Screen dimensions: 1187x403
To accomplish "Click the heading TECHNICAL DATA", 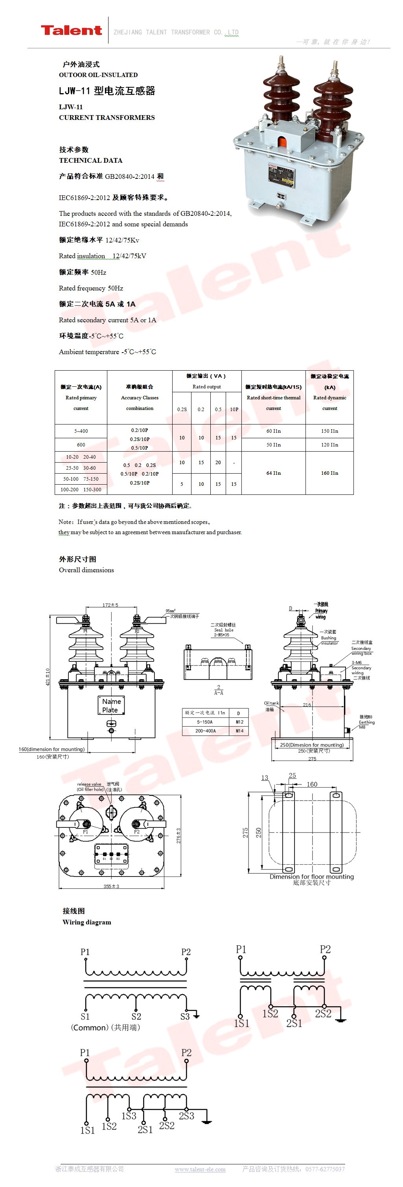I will (90, 160).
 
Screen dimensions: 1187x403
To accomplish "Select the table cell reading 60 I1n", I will (273, 431).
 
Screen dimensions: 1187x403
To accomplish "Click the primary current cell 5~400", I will (81, 431).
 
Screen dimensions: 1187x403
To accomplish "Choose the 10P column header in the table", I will (234, 409).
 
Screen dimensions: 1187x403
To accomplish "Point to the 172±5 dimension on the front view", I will (110, 605).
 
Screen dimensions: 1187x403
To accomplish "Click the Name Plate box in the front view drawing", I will (111, 705).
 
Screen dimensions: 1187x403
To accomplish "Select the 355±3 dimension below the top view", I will (111, 886).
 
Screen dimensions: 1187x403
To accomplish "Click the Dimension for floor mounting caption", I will (312, 876).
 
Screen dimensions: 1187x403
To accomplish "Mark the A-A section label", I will (219, 693).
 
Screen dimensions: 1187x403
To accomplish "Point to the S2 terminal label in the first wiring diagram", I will (136, 1016).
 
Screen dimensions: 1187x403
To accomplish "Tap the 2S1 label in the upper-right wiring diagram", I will (294, 1023).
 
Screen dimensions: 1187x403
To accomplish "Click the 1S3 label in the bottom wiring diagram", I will (129, 1115).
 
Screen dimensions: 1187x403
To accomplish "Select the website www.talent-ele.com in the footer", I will (200, 1169).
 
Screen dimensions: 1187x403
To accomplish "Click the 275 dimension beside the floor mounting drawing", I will (245, 832).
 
